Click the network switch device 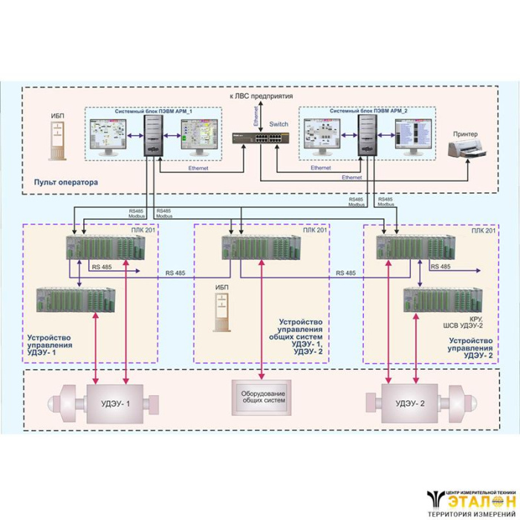click(x=260, y=139)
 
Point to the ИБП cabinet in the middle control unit click(x=221, y=311)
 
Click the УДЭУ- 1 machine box click(x=117, y=404)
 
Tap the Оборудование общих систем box click(x=260, y=397)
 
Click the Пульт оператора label click(x=65, y=182)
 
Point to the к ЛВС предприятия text click(x=260, y=97)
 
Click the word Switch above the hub click(x=279, y=123)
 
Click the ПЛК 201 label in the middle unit click(x=315, y=231)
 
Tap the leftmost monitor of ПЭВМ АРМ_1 click(x=111, y=135)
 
